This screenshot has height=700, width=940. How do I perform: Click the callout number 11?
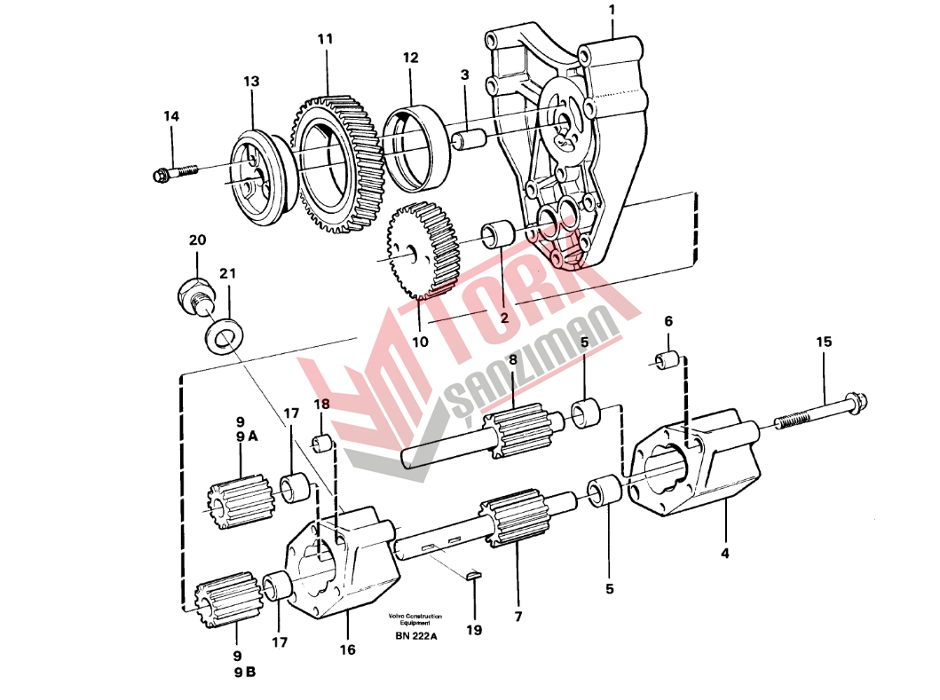pos(325,39)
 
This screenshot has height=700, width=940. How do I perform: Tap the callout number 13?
pos(251,81)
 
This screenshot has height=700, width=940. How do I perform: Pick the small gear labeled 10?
pos(423,250)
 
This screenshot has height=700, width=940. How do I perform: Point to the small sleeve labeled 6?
pos(667,361)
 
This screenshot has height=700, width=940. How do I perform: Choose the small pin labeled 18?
pos(322,444)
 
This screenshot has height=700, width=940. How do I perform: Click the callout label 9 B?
pos(245,672)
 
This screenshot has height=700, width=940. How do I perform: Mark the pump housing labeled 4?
pos(693,463)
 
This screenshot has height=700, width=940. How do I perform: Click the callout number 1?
pos(612,10)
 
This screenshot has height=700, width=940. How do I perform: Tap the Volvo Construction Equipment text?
pos(415,619)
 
